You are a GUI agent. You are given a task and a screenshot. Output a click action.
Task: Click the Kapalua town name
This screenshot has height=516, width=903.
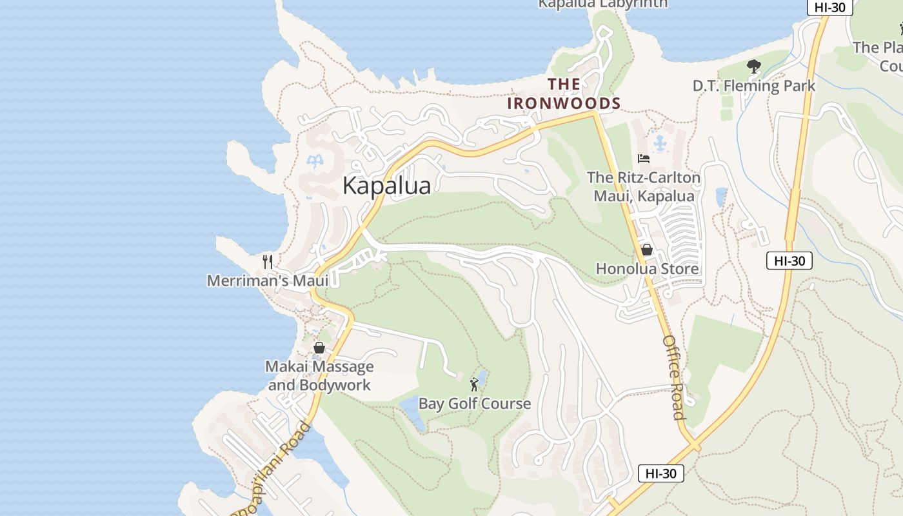[x=386, y=186]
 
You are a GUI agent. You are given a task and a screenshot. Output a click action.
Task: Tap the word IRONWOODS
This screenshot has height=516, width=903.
[x=564, y=103]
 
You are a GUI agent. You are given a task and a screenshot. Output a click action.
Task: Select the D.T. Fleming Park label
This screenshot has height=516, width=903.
[x=754, y=86]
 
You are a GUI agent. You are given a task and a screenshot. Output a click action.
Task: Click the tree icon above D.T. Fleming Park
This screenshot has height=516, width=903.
[x=753, y=66]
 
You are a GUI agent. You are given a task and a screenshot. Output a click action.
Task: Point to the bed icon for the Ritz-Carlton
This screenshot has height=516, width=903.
[x=643, y=158]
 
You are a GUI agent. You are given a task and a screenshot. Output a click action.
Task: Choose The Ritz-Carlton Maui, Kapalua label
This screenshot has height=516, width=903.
[x=644, y=186]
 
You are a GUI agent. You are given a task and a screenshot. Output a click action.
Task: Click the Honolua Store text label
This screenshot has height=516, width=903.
[x=647, y=268]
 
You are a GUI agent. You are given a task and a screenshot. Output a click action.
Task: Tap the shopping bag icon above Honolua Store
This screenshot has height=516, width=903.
[x=646, y=250]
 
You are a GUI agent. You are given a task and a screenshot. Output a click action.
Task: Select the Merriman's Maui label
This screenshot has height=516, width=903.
[x=268, y=281]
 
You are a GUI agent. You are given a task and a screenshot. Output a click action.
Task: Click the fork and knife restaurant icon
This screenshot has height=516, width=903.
[x=268, y=261]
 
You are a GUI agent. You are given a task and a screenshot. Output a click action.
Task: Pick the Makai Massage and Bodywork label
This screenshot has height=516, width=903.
[x=319, y=376]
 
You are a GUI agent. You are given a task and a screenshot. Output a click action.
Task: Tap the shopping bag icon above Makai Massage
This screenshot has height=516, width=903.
[x=319, y=348]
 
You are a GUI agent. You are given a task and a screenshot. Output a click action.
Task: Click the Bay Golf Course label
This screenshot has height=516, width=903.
[x=475, y=404]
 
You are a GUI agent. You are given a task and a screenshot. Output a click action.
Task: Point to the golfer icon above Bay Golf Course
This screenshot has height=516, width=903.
[x=475, y=384]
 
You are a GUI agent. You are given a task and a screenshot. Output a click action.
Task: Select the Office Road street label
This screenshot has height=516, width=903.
[x=673, y=377]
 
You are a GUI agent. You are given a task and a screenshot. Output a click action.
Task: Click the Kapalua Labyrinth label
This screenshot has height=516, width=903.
[x=602, y=4]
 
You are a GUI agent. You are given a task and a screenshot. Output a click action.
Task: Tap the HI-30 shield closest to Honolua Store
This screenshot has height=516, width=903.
[x=789, y=261]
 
